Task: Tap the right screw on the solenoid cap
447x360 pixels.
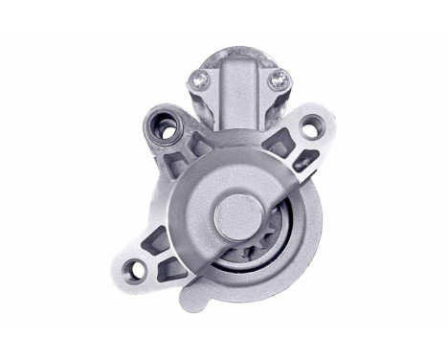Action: coord(279,79)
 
